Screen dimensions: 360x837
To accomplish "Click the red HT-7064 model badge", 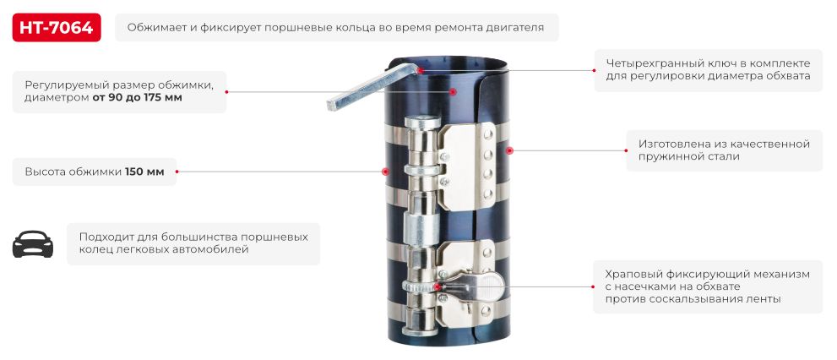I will [x=57, y=27].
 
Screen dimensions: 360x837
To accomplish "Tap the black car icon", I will [x=33, y=244].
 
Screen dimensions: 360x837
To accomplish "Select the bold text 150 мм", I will [x=145, y=171].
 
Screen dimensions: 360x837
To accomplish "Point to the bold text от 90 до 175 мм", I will [x=137, y=98].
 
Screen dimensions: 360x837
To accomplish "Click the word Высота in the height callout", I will [x=45, y=171].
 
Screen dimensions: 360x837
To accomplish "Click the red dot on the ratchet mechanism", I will [x=439, y=286].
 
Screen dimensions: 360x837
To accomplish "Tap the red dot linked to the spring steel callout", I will [x=508, y=150].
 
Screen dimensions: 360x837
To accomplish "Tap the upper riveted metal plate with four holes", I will [x=473, y=165].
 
